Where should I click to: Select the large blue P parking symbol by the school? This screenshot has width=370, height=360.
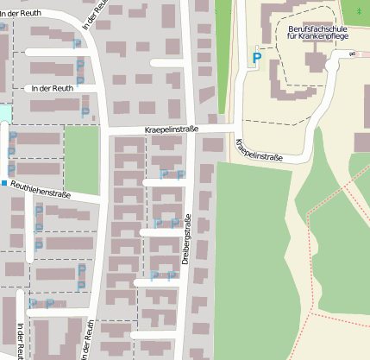click(256, 59)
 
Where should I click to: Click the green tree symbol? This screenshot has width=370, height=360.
click(358, 10)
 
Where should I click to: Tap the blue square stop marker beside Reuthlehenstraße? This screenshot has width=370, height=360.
click(3, 184)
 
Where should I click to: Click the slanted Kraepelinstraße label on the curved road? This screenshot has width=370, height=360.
click(260, 152)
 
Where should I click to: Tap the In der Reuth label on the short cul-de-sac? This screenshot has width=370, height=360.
click(51, 88)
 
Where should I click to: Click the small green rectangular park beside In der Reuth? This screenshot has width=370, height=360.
click(82, 160)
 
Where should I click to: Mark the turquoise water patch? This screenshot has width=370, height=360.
click(5, 113)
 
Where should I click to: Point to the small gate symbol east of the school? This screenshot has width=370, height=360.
click(352, 54)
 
